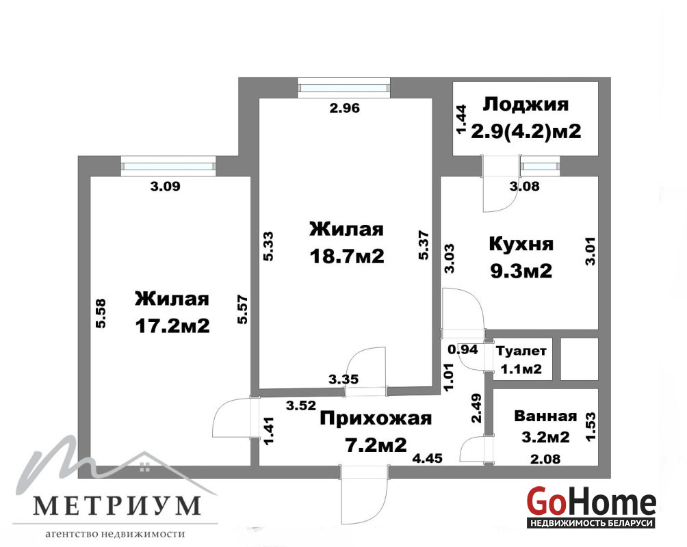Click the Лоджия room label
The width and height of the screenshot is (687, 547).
tap(526, 105)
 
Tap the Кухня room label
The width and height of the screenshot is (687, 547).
tap(521, 244)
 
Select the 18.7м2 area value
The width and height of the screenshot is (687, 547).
tap(346, 256)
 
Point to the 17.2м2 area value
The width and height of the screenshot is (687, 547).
tap(172, 326)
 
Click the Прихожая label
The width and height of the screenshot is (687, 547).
tap(376, 418)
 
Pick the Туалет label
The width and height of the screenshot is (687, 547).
tap(521, 351)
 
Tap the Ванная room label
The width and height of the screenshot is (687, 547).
tap(545, 416)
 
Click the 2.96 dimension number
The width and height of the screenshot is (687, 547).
tap(344, 108)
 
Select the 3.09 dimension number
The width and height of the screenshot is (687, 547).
tap(165, 186)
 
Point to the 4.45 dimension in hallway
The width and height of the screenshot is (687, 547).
tap(427, 459)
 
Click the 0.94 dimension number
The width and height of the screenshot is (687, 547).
tap(463, 349)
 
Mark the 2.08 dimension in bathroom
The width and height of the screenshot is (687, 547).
tap(545, 459)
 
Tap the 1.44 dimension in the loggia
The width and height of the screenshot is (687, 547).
tap(462, 120)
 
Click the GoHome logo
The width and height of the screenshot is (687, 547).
tap(591, 507)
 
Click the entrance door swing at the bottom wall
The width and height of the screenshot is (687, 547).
tap(364, 494)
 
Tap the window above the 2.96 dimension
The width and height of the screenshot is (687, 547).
tap(343, 88)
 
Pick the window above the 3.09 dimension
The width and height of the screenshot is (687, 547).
tap(169, 166)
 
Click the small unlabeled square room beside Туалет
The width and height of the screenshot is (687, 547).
tap(579, 359)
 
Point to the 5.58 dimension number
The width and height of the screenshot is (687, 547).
tap(101, 314)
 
